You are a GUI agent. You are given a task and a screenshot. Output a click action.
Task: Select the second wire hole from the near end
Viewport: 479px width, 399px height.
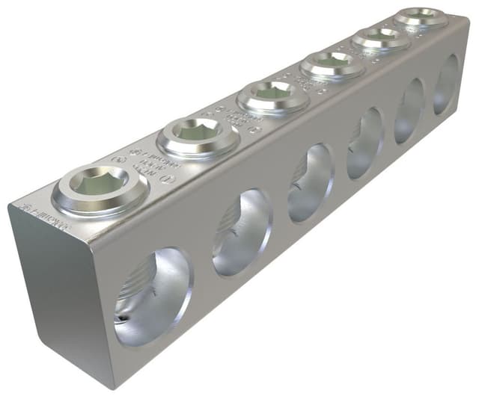pyautogui.click(x=242, y=232)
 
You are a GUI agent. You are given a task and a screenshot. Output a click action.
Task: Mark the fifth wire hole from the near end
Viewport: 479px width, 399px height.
pyautogui.click(x=409, y=109)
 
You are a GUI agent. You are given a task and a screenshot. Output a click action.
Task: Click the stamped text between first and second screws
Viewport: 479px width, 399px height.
pyautogui.click(x=141, y=161)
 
